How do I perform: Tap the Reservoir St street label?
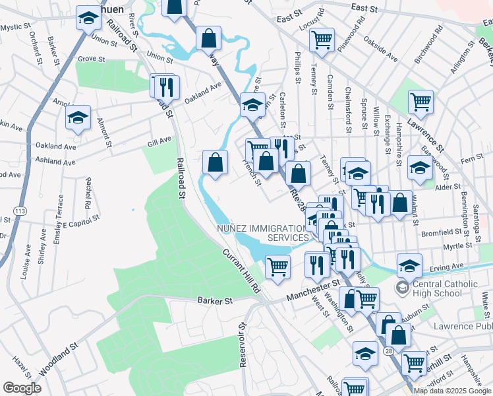(x=242, y=345)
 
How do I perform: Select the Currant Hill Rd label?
(x=241, y=271)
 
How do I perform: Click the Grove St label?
(x=92, y=59)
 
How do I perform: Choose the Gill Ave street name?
(x=159, y=140)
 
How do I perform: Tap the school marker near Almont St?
(x=78, y=119)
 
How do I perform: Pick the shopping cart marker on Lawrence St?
(x=420, y=102)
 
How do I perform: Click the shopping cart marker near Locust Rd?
(x=322, y=39)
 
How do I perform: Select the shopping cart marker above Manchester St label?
(x=278, y=267)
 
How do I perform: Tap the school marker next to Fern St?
(x=420, y=167)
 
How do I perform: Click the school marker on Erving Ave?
(x=409, y=265)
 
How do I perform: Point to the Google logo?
(x=22, y=388)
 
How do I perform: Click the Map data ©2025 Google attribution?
(x=451, y=391)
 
